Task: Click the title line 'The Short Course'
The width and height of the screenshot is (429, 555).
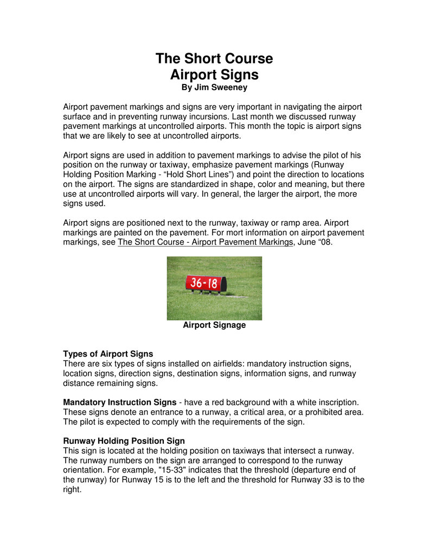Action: (x=214, y=59)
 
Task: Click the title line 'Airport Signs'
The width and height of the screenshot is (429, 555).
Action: (x=214, y=74)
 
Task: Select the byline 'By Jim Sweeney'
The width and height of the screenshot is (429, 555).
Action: (x=214, y=88)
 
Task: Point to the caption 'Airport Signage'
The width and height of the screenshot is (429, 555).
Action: (x=214, y=325)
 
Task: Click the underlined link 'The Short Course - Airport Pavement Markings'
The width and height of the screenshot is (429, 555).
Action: (x=205, y=242)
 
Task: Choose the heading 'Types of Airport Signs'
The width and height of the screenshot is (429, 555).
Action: (x=108, y=354)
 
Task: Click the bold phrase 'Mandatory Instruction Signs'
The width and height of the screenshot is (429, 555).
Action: (x=119, y=402)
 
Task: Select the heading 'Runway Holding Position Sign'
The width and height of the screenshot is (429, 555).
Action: (x=124, y=441)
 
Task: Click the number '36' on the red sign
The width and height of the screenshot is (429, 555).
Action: (x=196, y=283)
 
